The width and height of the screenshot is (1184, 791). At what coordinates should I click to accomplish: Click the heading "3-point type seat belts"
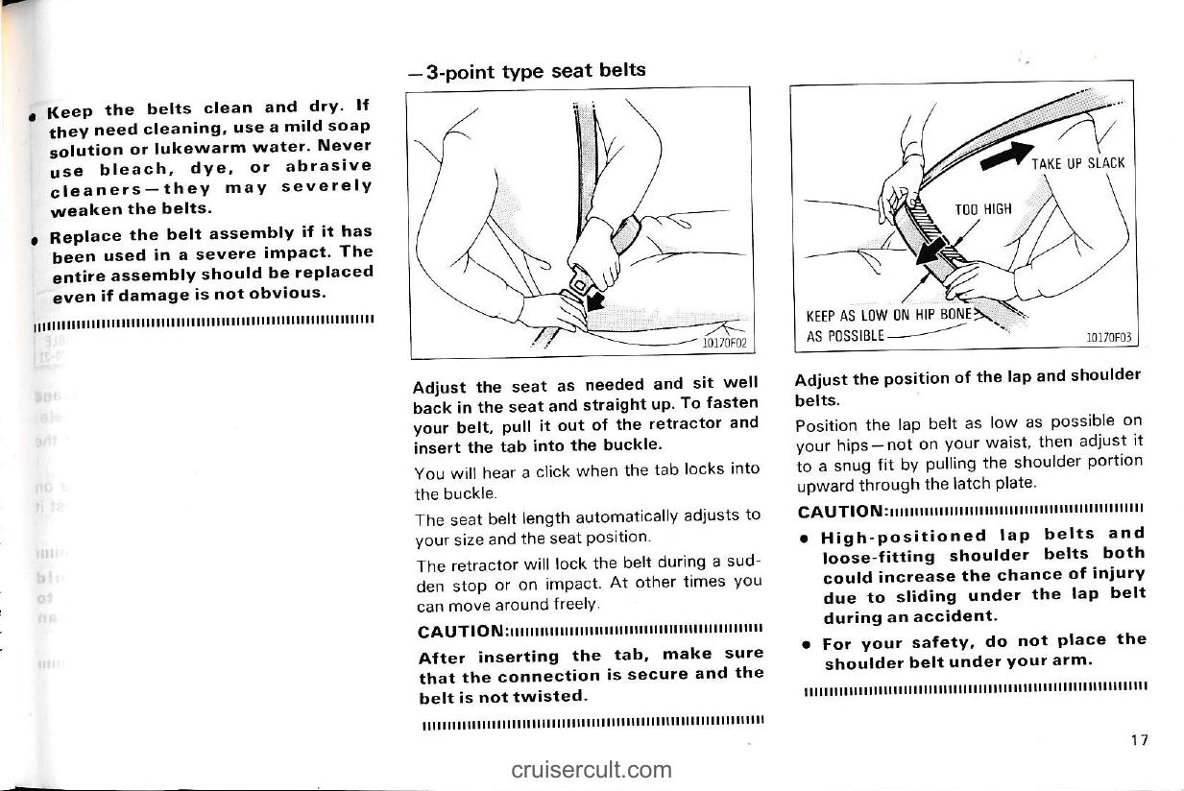point(525,71)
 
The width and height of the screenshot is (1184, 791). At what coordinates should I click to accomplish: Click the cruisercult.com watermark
point(592,769)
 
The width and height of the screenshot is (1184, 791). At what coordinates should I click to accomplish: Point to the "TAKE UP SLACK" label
point(1077,162)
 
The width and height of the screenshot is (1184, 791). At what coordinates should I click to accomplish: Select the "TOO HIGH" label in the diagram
point(983,209)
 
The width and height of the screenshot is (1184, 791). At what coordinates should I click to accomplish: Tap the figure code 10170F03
point(1109,337)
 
